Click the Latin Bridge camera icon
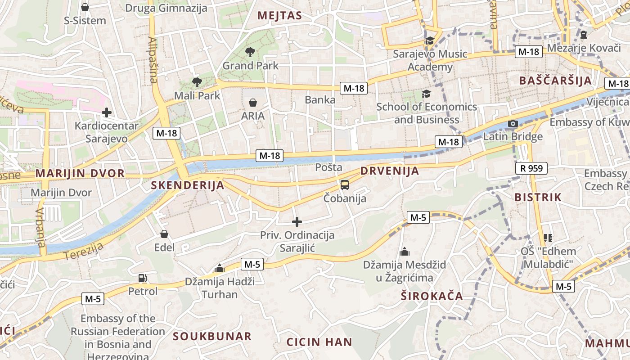(x=513, y=124)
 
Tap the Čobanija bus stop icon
(x=344, y=185)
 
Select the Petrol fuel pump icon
(x=143, y=279)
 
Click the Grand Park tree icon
(x=250, y=52)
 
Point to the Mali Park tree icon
(x=197, y=82)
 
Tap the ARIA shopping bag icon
(x=253, y=103)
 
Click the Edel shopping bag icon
(x=164, y=234)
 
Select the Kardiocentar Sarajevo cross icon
(x=107, y=112)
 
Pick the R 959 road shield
(x=531, y=168)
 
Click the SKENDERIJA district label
(x=187, y=185)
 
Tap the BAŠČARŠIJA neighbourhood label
(x=555, y=81)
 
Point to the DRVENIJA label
(x=390, y=171)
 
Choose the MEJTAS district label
(x=279, y=16)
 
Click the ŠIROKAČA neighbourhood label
(x=432, y=296)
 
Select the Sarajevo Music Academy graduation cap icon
(x=430, y=41)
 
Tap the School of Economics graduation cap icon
(x=426, y=94)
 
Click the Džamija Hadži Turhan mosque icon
(x=220, y=268)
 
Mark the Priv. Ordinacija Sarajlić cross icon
(x=297, y=222)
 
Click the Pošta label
(x=328, y=167)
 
